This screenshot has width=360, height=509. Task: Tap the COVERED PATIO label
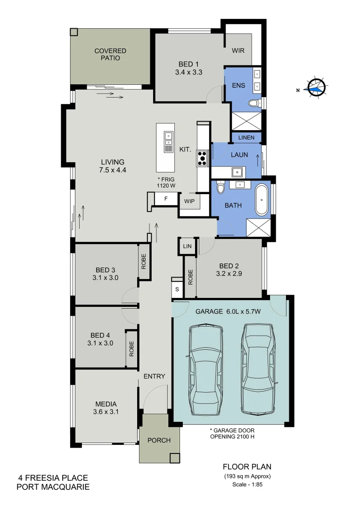coord(110,54)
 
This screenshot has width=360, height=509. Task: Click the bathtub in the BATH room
coord(262,200)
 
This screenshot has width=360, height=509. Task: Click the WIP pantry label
coord(189,201)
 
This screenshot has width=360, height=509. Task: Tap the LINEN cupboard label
coord(246,138)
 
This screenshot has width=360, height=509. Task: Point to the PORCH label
coord(159,441)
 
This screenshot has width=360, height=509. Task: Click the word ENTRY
coord(155,376)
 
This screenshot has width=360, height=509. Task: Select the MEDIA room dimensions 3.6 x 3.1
coord(106,411)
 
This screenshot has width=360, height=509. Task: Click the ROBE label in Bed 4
coord(131,349)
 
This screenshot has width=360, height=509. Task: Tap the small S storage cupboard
coord(177,289)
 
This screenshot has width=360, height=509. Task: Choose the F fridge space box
coord(165,199)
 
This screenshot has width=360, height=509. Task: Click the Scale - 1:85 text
coord(247,484)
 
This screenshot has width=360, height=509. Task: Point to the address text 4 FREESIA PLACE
coord(53,478)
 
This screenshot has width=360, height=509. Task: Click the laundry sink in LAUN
coord(237,171)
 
